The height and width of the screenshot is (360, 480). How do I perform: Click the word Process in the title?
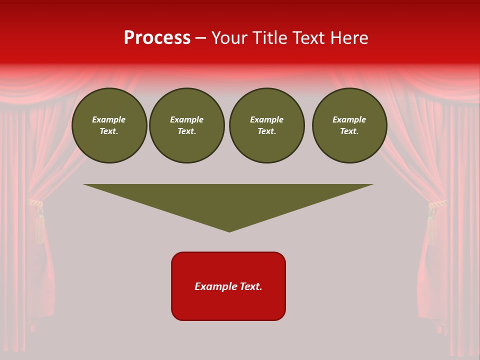tap(157, 38)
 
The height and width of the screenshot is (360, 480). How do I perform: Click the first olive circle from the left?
tap(109, 125)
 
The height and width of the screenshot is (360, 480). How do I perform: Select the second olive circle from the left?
tap(187, 125)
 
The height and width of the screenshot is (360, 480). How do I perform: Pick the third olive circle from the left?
tap(266, 125)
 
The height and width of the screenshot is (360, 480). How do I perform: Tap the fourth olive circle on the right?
tap(349, 125)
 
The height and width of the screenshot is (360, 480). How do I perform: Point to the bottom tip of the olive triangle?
tap(229, 230)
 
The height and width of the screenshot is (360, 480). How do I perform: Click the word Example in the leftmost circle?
tap(109, 119)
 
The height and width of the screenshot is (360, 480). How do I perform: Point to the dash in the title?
tap(201, 38)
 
